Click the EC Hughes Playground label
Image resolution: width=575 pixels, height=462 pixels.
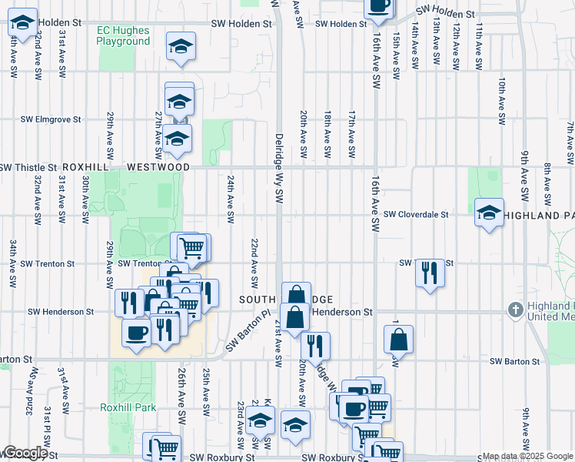point(123,35)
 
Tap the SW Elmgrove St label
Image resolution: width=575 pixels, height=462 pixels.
point(51,120)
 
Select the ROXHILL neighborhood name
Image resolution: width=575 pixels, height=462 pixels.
point(88,167)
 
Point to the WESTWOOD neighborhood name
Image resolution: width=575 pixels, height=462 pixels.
point(158,167)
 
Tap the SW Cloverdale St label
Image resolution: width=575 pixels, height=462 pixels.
point(415,215)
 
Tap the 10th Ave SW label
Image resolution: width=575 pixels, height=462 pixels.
point(501,101)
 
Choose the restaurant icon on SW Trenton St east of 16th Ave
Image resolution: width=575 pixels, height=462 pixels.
point(430,273)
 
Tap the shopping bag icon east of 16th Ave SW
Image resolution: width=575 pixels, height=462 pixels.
point(399,339)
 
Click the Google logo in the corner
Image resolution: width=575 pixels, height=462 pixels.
point(25,453)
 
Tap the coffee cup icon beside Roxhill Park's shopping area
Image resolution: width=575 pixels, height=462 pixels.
point(137,333)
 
